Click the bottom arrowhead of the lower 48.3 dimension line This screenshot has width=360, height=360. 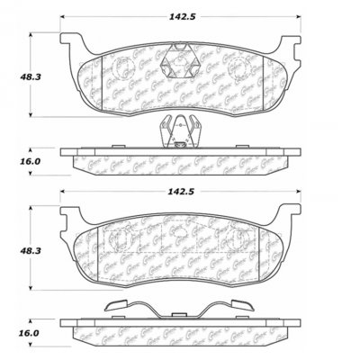(x=34, y=294)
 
